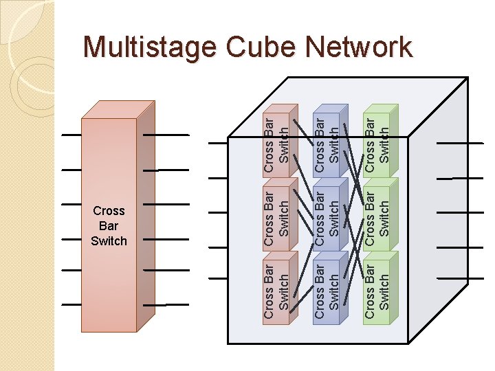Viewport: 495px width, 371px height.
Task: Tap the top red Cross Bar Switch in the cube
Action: click(277, 143)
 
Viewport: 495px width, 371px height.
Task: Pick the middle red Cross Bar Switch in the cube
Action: click(277, 214)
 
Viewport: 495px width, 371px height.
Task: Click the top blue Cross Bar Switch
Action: click(327, 143)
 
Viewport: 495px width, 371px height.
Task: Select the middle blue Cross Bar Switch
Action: click(327, 214)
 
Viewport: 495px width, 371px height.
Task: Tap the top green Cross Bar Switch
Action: click(377, 143)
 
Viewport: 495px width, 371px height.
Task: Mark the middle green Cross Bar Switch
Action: click(377, 214)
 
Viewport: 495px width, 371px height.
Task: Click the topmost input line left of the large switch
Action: click(71, 135)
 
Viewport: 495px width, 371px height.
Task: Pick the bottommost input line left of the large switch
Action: click(71, 304)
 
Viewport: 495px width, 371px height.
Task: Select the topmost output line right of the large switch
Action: click(165, 135)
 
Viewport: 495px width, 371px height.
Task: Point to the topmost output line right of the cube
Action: click(459, 143)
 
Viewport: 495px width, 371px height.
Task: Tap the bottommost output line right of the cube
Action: click(459, 278)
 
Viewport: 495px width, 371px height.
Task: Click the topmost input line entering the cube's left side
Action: click(217, 143)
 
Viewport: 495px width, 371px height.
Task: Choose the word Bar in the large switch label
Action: click(109, 225)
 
